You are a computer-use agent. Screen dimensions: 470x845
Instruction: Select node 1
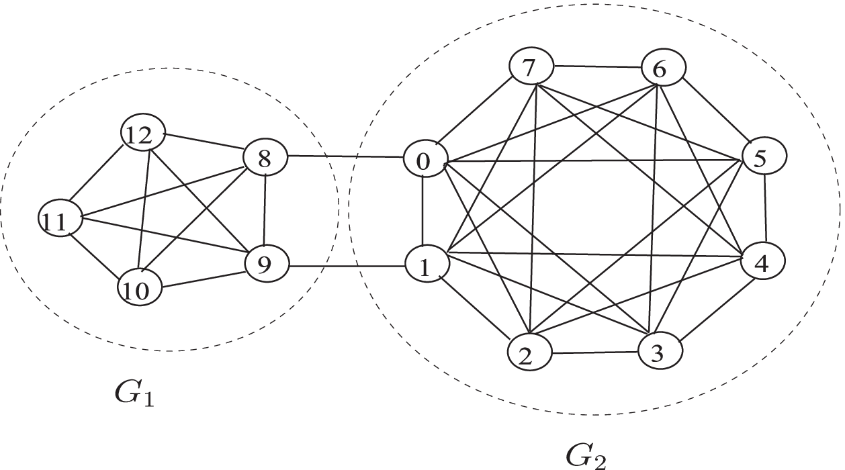click(x=425, y=267)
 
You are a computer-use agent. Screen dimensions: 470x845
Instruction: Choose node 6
click(x=662, y=69)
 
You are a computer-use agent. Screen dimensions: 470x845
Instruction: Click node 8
click(x=265, y=159)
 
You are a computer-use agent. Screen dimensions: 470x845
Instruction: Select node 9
click(x=266, y=265)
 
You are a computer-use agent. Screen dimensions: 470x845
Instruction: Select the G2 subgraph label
click(x=585, y=457)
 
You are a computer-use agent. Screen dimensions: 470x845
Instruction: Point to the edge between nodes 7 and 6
click(x=597, y=66)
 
